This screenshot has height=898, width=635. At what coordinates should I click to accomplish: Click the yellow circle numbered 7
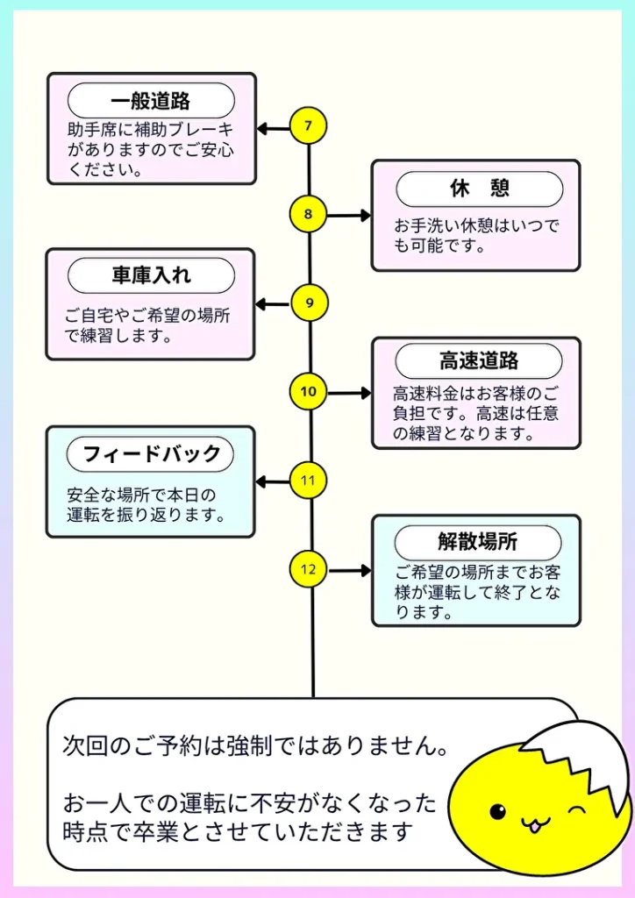[x=308, y=126]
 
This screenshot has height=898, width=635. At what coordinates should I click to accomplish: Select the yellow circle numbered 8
[x=308, y=214]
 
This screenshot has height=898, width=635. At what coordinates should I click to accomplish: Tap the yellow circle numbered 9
[x=309, y=303]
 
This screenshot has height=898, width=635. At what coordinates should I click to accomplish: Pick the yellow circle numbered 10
[x=309, y=392]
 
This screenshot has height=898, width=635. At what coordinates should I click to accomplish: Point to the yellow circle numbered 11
[x=309, y=481]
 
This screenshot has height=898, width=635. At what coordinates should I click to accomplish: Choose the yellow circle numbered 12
[x=309, y=569]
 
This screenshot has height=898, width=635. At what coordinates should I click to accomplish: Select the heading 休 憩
[x=479, y=189]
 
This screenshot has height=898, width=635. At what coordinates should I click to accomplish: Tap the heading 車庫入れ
[x=151, y=275]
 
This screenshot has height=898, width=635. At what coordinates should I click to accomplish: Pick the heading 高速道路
[x=479, y=361]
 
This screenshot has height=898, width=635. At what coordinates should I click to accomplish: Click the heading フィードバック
[x=151, y=454]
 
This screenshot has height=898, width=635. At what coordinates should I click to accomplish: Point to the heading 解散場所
[x=479, y=542]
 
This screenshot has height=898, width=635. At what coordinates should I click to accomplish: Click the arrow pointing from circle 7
[x=273, y=129]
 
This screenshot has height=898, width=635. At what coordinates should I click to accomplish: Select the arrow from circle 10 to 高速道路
[x=348, y=393]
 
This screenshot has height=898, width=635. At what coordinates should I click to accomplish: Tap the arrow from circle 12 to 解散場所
[x=348, y=570]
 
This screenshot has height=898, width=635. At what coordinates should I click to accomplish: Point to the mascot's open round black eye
[x=498, y=811]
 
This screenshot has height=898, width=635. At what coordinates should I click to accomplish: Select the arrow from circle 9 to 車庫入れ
[x=273, y=305]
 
